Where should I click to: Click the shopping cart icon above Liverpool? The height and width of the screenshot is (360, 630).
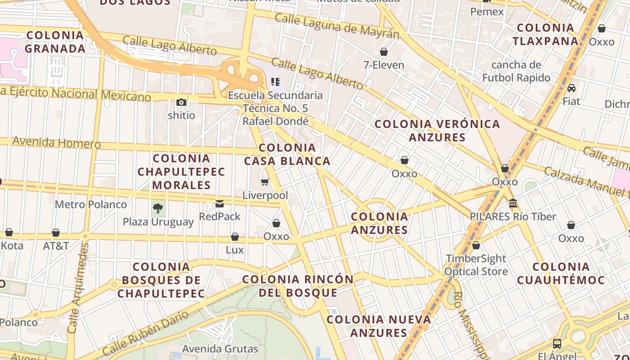point(265,182)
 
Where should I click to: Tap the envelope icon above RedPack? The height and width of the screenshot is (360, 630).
point(220,203)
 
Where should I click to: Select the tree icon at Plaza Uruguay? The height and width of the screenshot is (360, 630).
point(158,208)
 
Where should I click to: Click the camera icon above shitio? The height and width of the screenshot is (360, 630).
point(181,102)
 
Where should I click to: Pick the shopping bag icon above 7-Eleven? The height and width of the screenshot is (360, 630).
point(384,52)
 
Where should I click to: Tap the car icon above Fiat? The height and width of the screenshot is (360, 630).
point(571,88)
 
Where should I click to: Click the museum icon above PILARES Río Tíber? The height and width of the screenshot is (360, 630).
point(513,203)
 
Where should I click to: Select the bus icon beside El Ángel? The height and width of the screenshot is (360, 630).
point(557,344)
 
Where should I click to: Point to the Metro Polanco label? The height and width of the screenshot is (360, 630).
point(91,205)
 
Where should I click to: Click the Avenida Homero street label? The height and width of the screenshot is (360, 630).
point(56,143)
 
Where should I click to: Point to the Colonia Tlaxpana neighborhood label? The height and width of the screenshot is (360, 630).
point(545,34)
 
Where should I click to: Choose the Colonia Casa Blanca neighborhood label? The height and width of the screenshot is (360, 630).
point(287,154)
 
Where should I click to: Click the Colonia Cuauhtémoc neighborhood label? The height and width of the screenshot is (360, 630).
point(561,273)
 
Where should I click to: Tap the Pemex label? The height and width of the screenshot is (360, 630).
point(487,12)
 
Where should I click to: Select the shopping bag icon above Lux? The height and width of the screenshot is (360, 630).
point(235,237)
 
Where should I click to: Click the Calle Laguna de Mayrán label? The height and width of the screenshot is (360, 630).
point(337,26)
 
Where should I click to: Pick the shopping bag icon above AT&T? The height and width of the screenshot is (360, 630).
point(56,233)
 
